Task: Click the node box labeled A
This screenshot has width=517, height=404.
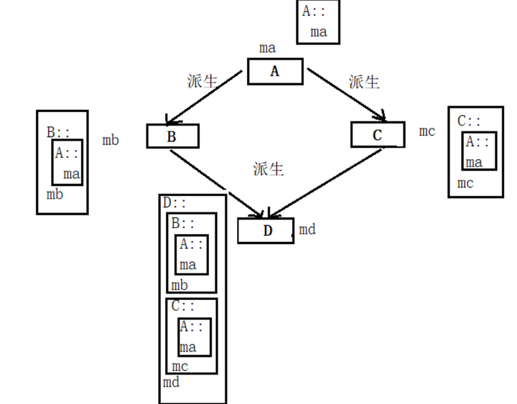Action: click(x=275, y=71)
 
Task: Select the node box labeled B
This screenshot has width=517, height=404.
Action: click(x=172, y=136)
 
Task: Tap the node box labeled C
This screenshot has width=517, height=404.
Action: click(x=378, y=134)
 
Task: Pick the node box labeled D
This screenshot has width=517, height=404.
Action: click(x=266, y=230)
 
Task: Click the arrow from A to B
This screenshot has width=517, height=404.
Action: click(x=205, y=96)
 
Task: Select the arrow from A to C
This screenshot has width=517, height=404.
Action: click(x=345, y=93)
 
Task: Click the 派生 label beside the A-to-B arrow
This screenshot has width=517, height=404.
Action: click(x=202, y=80)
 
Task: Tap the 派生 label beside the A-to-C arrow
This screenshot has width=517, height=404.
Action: click(x=364, y=81)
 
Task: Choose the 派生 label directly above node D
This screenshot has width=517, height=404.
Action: click(x=269, y=169)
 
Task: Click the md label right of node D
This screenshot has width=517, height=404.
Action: click(x=307, y=230)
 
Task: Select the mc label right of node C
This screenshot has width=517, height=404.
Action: click(x=427, y=131)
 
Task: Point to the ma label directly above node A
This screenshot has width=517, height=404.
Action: click(x=267, y=48)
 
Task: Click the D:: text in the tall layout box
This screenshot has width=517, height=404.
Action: click(x=174, y=203)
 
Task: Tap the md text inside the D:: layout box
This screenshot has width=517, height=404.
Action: click(x=171, y=382)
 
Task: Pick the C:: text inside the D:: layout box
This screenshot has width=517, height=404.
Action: click(x=183, y=306)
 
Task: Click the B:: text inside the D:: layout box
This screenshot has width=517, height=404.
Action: click(x=183, y=223)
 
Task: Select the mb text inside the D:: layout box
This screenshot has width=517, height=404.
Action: click(x=180, y=286)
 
